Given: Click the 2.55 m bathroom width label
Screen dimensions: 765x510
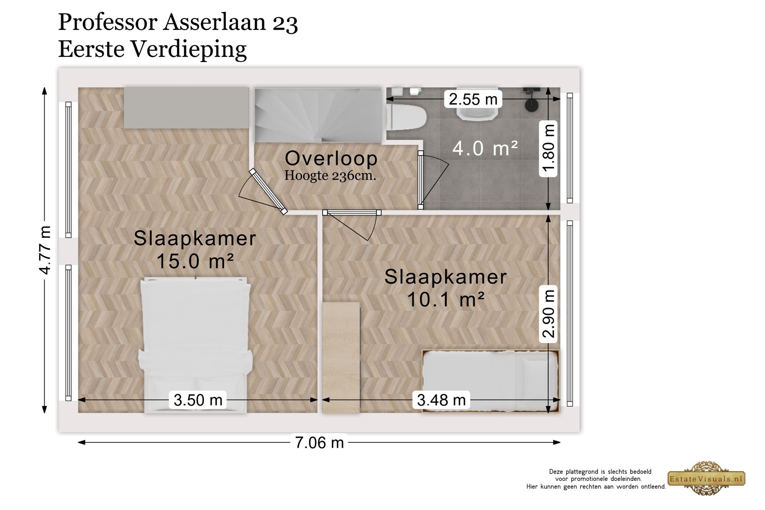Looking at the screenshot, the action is (x=473, y=99).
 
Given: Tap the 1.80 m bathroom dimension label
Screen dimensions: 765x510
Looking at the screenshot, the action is (x=548, y=148).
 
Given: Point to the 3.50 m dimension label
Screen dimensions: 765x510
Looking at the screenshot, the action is (x=198, y=400).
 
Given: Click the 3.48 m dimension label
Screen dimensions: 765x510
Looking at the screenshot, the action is (x=441, y=400).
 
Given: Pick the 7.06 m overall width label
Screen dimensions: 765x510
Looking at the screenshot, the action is (x=319, y=442).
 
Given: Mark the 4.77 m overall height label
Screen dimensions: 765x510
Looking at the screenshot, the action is (x=45, y=250).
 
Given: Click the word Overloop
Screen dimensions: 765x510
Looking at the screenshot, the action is (x=331, y=158).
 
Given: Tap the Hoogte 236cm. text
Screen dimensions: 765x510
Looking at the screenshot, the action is (x=330, y=176).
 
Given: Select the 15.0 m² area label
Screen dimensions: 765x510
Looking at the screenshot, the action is (x=195, y=261).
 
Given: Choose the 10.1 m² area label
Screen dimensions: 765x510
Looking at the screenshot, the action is (x=446, y=299).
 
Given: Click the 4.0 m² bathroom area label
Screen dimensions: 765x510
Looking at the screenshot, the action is (x=485, y=148).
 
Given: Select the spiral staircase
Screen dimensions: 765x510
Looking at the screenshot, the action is (x=318, y=115).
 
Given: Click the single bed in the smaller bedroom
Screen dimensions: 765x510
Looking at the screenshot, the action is (x=491, y=381).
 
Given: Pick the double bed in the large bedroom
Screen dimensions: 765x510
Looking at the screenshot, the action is (x=195, y=345).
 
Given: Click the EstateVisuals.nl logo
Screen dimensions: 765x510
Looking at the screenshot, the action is (x=706, y=479).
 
